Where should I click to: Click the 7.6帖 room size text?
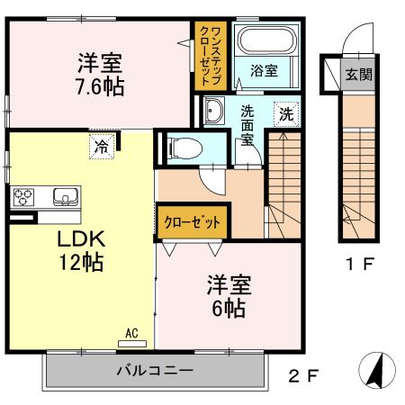tap(100, 86)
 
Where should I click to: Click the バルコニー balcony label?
tap(153, 370)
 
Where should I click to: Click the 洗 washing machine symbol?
tap(285, 114)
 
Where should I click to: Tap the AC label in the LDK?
tap(131, 333)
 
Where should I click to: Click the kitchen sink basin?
tap(65, 196)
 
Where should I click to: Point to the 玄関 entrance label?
tap(356, 75)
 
